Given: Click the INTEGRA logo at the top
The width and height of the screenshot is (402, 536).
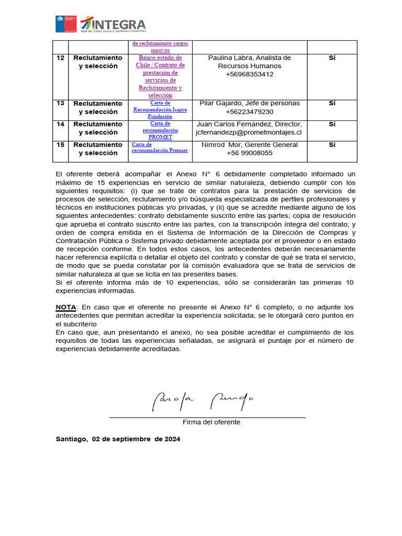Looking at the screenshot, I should coord(113,25).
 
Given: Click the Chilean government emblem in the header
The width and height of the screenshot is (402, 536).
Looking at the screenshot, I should coord(66,24).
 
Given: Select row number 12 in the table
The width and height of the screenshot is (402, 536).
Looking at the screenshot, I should coord(61,58).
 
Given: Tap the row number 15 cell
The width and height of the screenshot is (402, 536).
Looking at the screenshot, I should coord(61,145).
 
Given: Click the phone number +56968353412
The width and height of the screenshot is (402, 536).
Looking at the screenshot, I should coord(250,75).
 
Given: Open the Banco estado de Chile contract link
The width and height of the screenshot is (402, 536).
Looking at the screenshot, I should coord(160,76).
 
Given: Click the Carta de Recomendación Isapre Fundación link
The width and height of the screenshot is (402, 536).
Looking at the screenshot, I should coord(160,109).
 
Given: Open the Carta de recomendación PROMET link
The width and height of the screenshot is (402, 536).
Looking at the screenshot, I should coord(160,130).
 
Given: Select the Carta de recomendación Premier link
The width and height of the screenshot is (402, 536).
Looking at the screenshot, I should coord(160,148).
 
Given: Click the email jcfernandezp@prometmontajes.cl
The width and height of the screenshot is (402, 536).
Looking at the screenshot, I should coord(250,133).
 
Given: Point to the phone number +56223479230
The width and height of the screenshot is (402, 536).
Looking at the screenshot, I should coord(250,112).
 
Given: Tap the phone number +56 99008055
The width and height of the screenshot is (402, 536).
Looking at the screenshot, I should coord(250,153).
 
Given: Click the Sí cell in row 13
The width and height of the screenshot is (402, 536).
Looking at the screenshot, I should coord(332,104).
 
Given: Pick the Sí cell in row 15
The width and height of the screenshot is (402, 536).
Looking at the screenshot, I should coord(332,145).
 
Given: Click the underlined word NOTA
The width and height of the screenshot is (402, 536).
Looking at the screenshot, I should coord(66,307).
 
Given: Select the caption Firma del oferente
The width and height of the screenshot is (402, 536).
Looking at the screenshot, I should coord(211,422).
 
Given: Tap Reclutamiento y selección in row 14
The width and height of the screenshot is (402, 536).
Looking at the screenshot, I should coord(98,128).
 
